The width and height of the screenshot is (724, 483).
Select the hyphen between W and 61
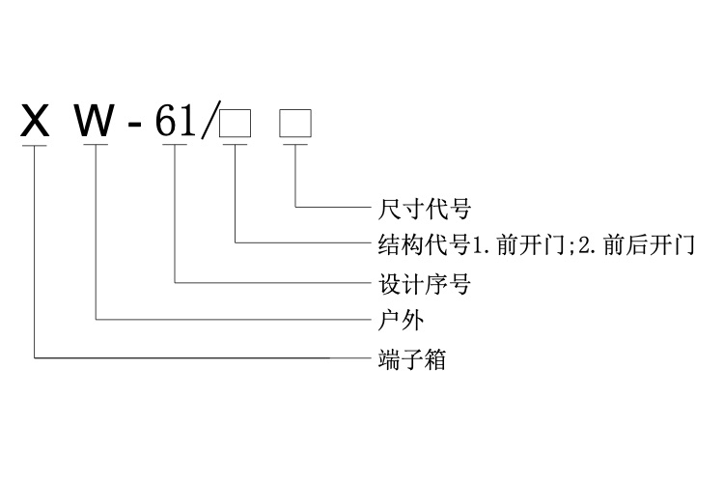137,127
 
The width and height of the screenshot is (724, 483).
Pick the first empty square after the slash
236,124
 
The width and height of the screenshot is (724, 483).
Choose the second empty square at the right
294,124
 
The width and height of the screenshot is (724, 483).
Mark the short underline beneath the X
34,146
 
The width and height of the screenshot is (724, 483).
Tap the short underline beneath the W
97,146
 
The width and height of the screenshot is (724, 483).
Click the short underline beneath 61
174,146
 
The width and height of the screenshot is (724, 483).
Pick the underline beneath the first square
236,146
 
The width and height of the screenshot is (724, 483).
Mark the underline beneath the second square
294,146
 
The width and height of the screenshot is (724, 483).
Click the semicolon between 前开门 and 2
569,245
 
